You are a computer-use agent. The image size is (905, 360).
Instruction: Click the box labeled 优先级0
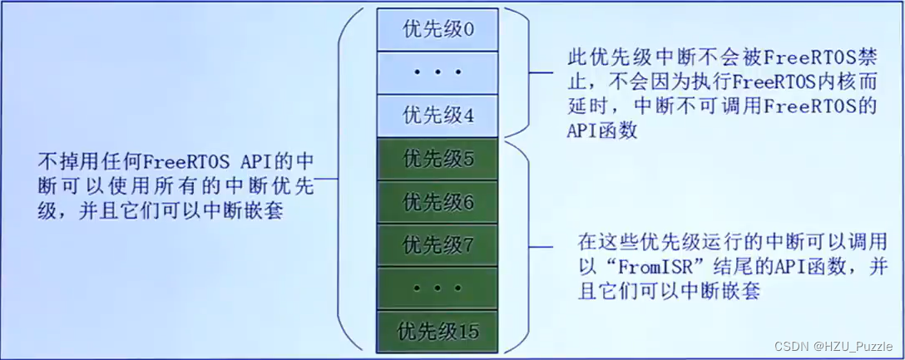point(438,30)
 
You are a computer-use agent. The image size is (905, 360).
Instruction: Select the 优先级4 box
point(438,115)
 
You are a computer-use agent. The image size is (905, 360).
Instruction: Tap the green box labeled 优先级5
point(438,159)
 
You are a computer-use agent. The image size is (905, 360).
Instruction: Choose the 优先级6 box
point(438,201)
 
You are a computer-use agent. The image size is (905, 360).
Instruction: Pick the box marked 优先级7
point(438,244)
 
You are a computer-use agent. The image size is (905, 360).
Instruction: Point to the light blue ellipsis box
point(438,72)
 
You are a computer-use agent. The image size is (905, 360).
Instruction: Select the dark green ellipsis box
point(438,288)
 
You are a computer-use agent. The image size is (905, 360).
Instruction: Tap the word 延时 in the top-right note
point(579,106)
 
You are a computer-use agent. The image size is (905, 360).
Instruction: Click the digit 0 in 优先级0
point(467,30)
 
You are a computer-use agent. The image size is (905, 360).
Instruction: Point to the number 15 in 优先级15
point(468,330)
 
